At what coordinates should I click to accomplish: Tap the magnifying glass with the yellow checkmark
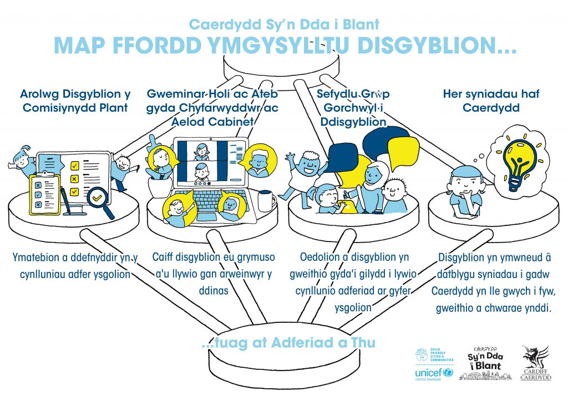(100, 197)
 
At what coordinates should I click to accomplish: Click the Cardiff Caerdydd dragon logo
(535, 363)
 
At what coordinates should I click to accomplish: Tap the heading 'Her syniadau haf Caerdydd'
(483, 101)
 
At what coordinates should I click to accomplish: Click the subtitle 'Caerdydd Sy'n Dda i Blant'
(283, 24)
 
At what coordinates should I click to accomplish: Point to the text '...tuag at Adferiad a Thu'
(288, 343)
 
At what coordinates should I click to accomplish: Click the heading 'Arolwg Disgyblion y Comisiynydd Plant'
(75, 101)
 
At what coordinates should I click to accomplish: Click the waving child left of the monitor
(21, 161)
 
